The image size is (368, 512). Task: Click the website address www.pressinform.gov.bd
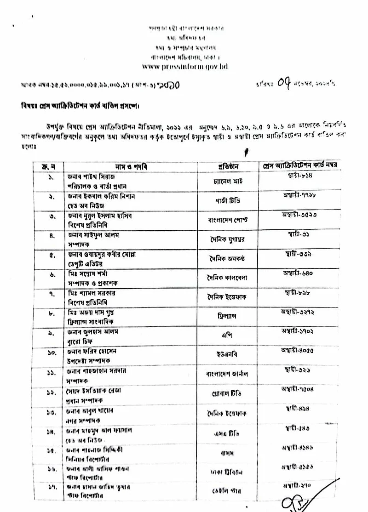(184, 67)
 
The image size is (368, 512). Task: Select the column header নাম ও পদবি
(131, 165)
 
